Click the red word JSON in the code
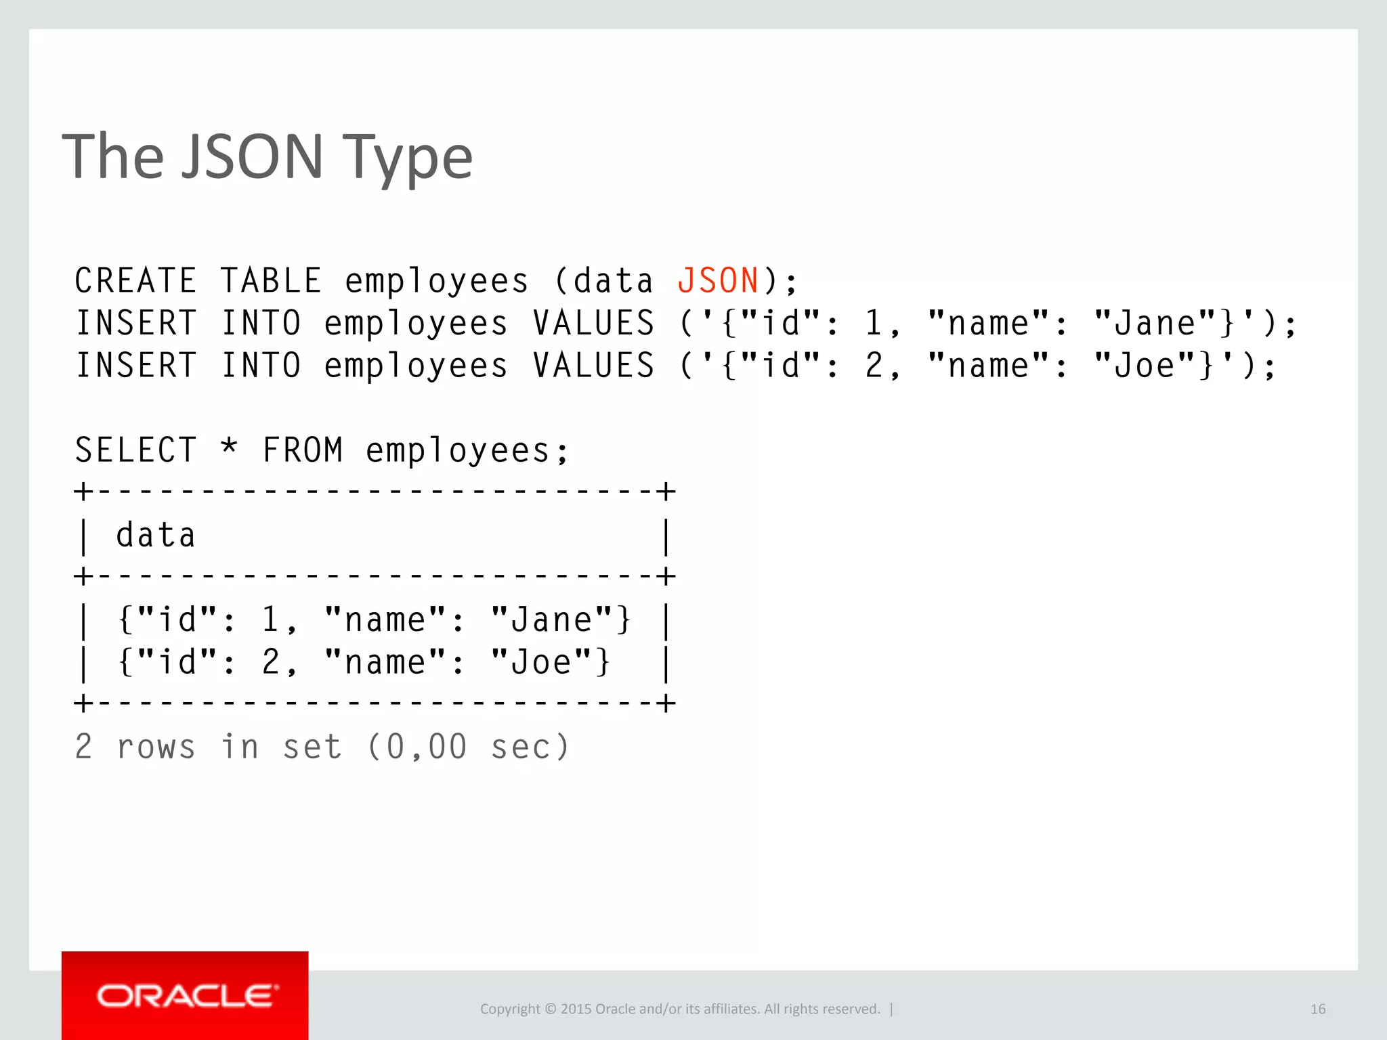718,280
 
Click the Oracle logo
186,996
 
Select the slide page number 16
1317,1009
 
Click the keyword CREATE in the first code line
135,280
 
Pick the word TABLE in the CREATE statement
270,280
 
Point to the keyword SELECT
135,450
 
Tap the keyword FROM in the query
302,450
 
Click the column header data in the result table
156,536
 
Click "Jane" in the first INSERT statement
1155,323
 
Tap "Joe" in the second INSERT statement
1145,366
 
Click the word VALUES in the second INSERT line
593,366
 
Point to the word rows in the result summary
156,747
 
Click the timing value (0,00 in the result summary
417,747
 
